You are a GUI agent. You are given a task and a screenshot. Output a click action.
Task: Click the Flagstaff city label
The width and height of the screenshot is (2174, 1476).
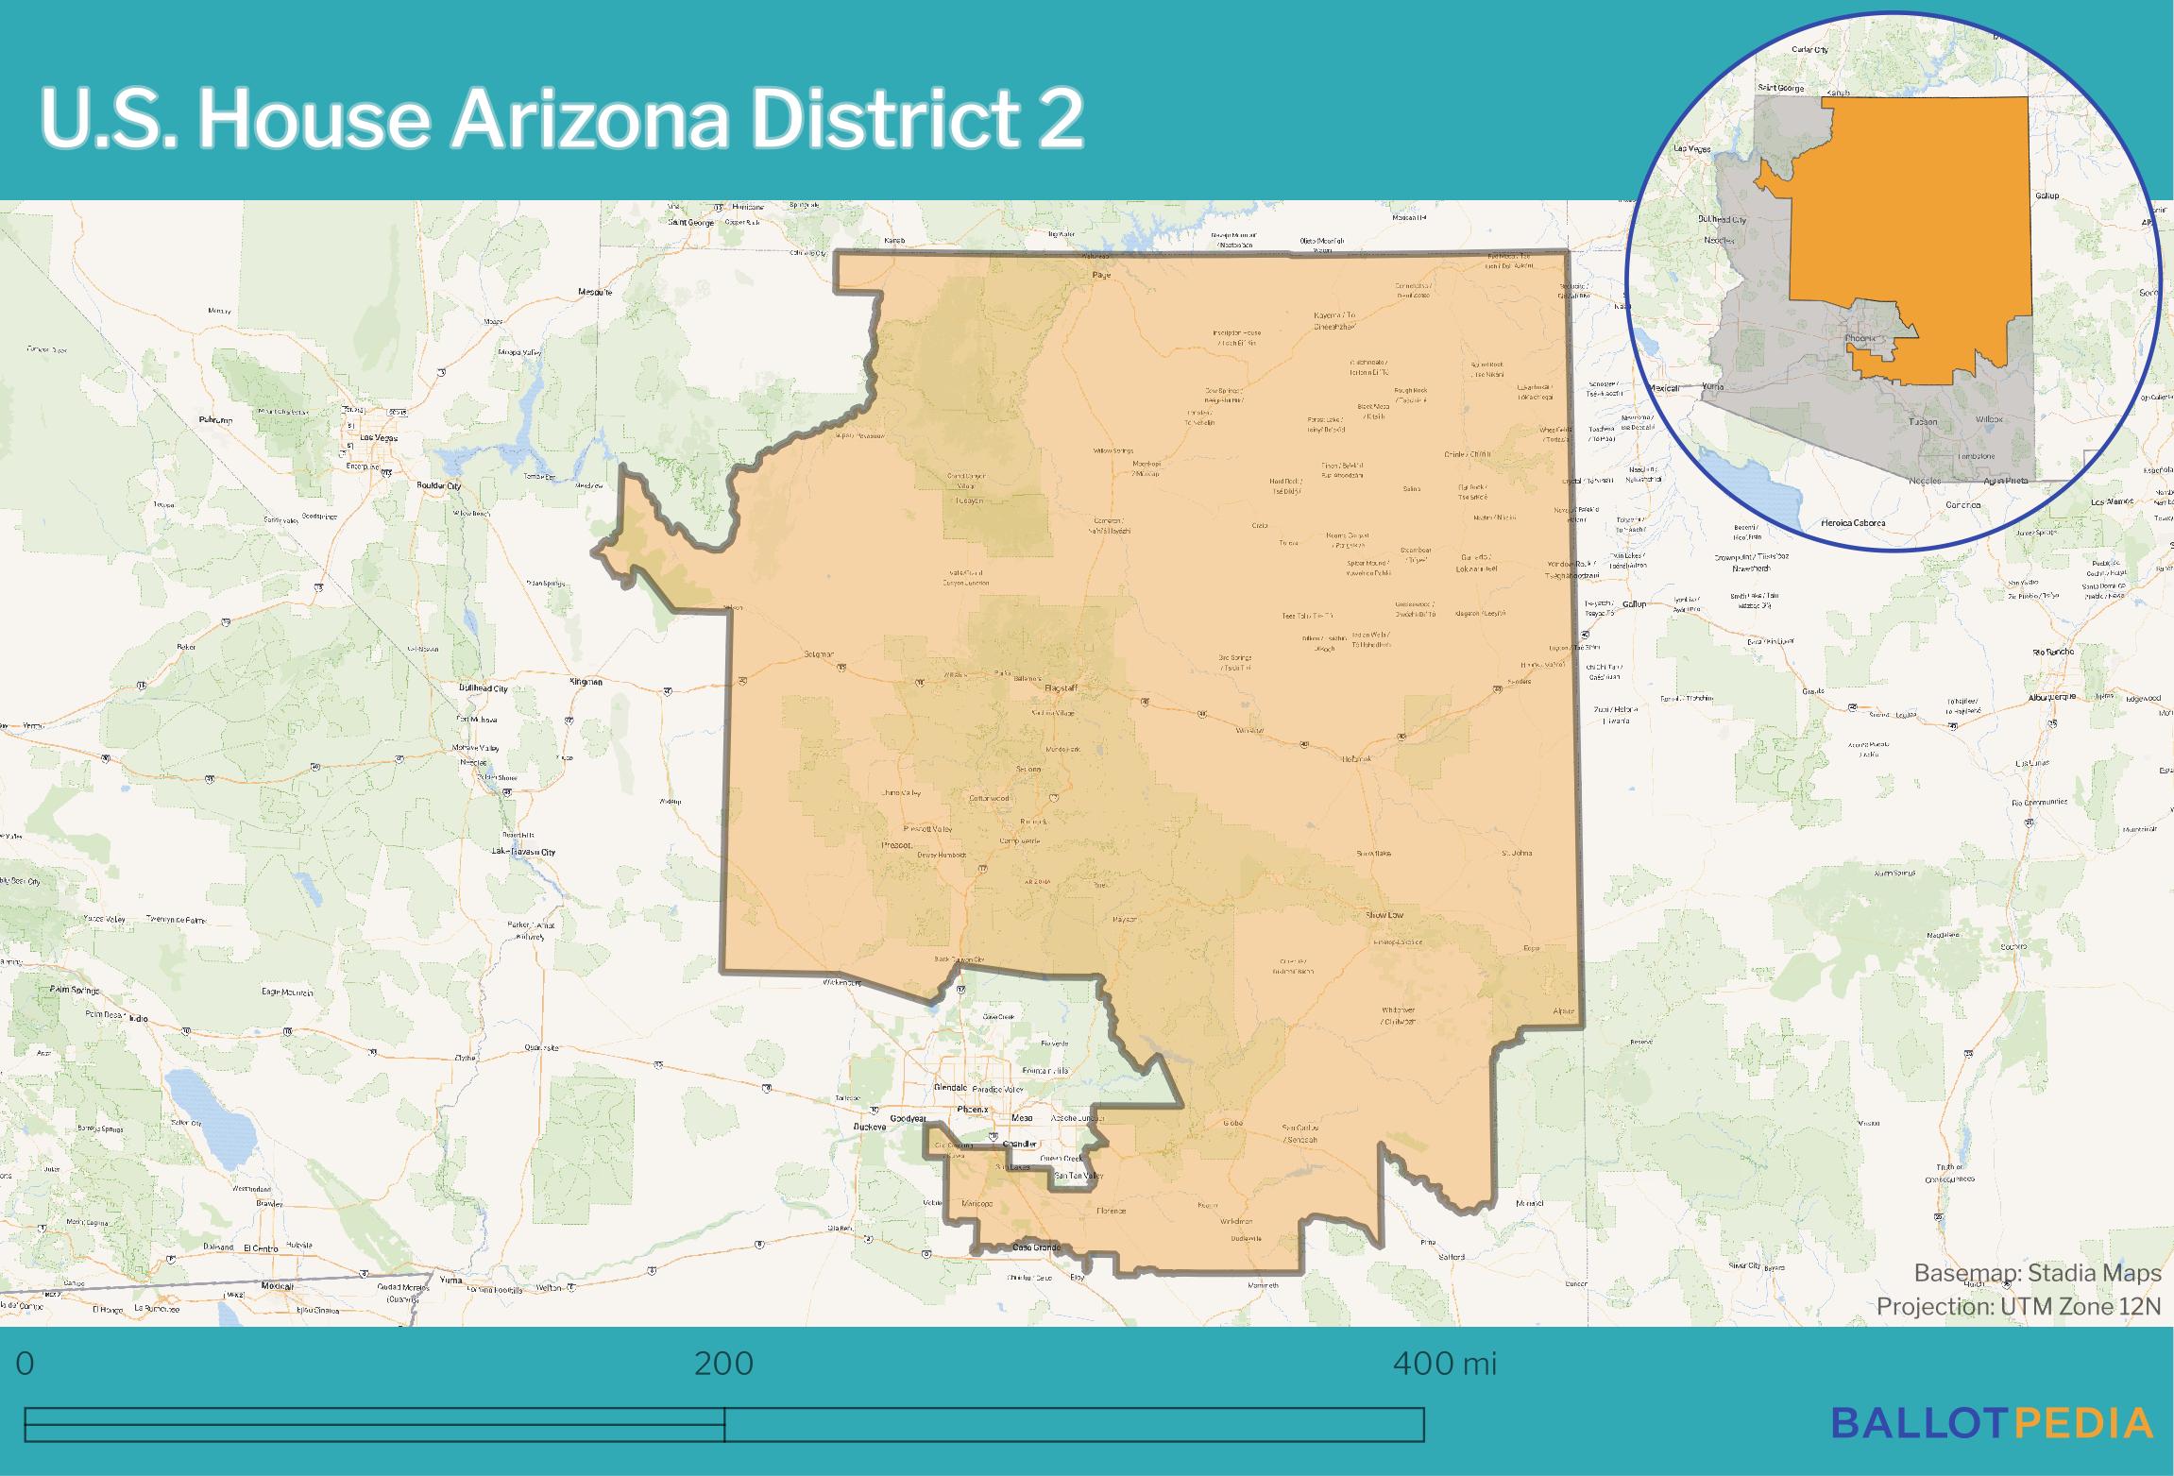pyautogui.click(x=1062, y=687)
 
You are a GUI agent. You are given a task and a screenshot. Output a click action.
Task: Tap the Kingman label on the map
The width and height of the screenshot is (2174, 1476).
pyautogui.click(x=586, y=681)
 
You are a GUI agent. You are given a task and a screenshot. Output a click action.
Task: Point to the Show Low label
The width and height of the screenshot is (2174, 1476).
pyautogui.click(x=1384, y=915)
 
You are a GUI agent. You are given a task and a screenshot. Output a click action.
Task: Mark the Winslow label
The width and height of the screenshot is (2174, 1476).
pyautogui.click(x=1249, y=730)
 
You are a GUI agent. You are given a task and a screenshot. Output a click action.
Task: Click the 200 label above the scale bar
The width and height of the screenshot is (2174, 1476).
pyautogui.click(x=723, y=1364)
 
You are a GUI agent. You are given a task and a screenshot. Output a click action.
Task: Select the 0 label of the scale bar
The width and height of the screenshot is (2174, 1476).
pyautogui.click(x=25, y=1364)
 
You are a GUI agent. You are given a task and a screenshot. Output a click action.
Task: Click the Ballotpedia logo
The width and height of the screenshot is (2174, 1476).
pyautogui.click(x=1992, y=1423)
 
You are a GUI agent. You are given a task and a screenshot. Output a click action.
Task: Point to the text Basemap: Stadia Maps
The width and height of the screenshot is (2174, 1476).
pyautogui.click(x=2037, y=1273)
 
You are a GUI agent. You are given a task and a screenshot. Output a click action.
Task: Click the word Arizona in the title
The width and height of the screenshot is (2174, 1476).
pyautogui.click(x=590, y=120)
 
